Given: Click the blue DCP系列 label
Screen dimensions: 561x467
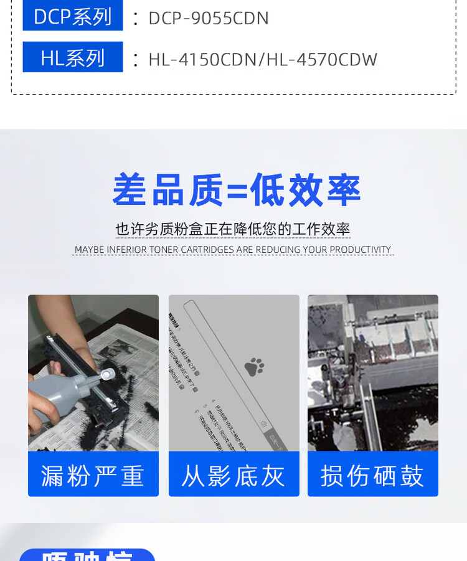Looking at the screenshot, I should click(x=72, y=17).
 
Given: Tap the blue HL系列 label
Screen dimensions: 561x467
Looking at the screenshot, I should click(x=72, y=58).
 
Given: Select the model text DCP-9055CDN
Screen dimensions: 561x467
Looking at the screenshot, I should click(x=209, y=18).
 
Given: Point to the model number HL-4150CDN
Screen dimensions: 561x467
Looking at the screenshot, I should click(x=203, y=59).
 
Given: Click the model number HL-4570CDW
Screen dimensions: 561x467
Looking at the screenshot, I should click(x=322, y=59).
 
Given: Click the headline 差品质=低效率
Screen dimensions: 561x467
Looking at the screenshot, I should click(x=236, y=190).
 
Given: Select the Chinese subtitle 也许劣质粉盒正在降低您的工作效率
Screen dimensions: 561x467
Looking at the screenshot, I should click(x=233, y=229).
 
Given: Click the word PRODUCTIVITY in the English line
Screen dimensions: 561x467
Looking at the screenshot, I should click(x=361, y=250).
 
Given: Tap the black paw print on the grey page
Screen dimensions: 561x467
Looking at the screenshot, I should click(x=254, y=367).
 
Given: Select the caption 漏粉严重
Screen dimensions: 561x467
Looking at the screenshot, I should click(x=93, y=476).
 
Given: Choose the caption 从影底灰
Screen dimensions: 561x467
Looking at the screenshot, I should click(x=233, y=476).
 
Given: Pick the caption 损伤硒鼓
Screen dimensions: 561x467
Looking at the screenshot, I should click(x=372, y=476).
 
